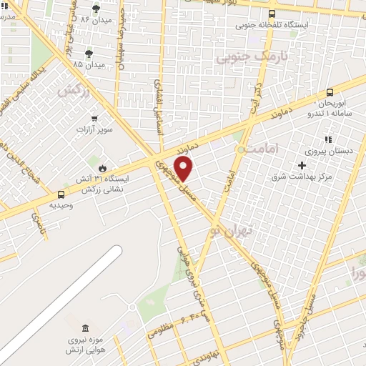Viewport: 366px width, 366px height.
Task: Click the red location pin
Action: point(184,169)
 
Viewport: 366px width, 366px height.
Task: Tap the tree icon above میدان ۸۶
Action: point(96,9)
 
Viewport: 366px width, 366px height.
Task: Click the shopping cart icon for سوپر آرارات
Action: point(94,119)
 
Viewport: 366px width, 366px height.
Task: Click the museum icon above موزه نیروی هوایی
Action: point(85,328)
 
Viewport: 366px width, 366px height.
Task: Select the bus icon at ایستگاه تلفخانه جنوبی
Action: point(272,13)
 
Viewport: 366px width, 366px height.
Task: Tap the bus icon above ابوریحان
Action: point(329,92)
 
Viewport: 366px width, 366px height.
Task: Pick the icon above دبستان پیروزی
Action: point(328,139)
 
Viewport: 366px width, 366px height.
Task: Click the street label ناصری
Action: point(36,229)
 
